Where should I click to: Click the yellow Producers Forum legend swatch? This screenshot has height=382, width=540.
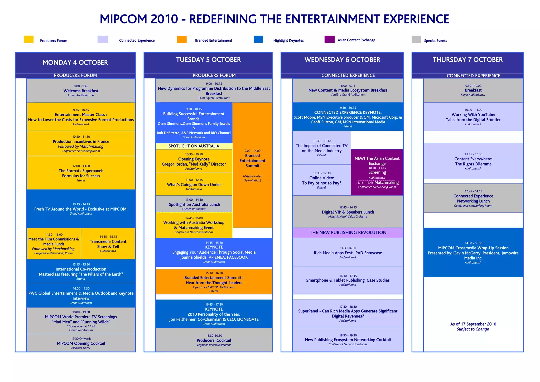(x=28, y=39)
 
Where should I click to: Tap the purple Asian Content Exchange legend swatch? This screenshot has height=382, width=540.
(x=329, y=39)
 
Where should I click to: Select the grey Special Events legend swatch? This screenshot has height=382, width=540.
(x=416, y=39)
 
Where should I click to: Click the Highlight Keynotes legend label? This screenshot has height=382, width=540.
(x=288, y=40)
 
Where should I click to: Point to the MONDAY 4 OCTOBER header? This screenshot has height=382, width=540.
(x=75, y=62)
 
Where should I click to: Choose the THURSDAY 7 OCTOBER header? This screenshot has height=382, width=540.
(x=467, y=60)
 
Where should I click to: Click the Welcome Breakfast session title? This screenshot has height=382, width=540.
(x=81, y=91)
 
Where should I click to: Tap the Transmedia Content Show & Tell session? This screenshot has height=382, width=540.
(x=108, y=244)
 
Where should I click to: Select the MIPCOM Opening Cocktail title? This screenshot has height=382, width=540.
(x=81, y=343)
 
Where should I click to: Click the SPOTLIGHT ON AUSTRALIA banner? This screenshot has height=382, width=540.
(x=194, y=146)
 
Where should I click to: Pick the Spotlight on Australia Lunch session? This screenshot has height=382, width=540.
(x=194, y=204)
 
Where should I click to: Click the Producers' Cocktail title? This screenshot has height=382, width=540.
(x=214, y=340)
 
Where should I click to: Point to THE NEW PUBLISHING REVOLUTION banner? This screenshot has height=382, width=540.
(x=348, y=233)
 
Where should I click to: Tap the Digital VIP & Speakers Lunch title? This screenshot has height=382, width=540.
(x=348, y=212)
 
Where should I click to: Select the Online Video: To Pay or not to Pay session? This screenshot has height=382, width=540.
(x=322, y=180)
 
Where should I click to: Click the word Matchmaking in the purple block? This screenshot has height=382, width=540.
(x=387, y=182)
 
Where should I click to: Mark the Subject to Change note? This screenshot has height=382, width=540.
(x=473, y=329)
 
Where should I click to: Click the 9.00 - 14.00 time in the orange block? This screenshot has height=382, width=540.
(x=252, y=151)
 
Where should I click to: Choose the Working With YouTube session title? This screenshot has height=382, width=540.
(x=473, y=117)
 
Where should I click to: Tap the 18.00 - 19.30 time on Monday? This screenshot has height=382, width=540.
(x=81, y=312)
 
